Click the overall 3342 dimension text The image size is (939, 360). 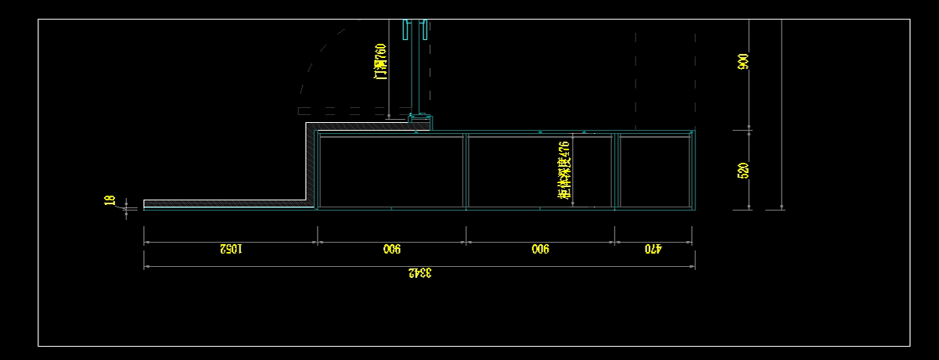(420, 273)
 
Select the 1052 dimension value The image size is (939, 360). (231, 249)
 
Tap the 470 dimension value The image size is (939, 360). (653, 249)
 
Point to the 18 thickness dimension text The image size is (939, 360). (110, 201)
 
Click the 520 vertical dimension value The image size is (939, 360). (743, 171)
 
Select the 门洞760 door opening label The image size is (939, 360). (380, 62)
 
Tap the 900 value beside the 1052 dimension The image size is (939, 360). (391, 249)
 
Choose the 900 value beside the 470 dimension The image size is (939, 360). (540, 249)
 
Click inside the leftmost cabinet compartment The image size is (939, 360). (390, 171)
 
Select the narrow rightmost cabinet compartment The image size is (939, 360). (653, 171)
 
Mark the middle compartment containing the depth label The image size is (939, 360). (516, 171)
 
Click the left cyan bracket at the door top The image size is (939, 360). (405, 31)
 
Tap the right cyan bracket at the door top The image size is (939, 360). (425, 31)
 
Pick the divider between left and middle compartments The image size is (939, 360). (466, 171)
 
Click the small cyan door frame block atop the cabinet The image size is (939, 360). (422, 121)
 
